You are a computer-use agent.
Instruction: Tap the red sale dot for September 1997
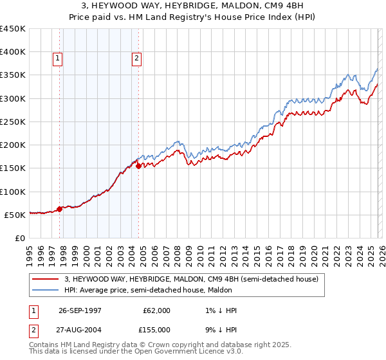[60, 209]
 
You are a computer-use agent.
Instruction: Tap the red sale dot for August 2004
[138, 166]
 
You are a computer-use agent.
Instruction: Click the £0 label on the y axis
[20, 238]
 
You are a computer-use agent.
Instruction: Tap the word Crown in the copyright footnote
[159, 345]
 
